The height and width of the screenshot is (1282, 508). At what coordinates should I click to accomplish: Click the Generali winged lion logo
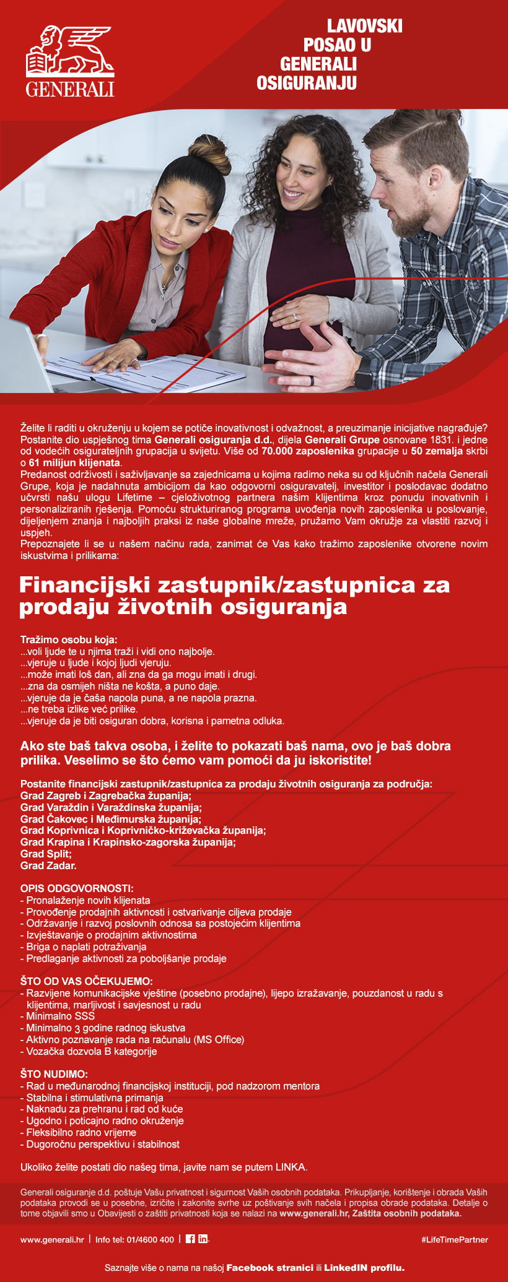[70, 53]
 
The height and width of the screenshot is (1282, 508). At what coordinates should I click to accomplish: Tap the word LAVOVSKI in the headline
[364, 26]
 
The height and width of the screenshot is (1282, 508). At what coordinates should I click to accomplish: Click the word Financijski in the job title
[85, 584]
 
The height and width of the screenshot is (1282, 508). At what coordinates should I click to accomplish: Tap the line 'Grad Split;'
[46, 854]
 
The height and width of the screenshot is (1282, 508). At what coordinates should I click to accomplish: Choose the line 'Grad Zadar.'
[48, 865]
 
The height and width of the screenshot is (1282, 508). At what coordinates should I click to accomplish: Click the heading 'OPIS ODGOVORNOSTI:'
[77, 888]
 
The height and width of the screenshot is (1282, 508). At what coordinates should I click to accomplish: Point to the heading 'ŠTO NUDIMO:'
[54, 1074]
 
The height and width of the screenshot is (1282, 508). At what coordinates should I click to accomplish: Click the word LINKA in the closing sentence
[291, 1167]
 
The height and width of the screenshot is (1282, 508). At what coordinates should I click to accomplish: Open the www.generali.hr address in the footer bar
[52, 1239]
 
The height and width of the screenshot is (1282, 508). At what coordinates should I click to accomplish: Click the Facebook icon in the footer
[190, 1239]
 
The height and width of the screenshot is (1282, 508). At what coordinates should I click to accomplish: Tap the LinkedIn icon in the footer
[203, 1239]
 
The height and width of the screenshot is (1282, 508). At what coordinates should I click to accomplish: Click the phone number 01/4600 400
[151, 1239]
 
